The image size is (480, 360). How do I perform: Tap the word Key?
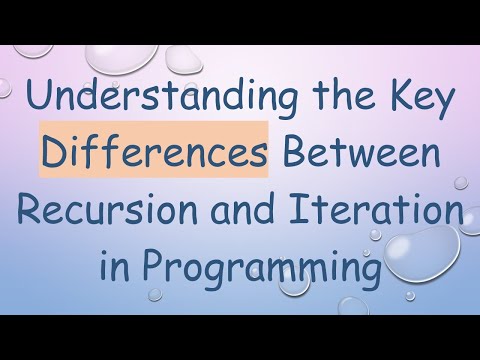point(418,102)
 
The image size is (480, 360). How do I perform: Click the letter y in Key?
point(443,106)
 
